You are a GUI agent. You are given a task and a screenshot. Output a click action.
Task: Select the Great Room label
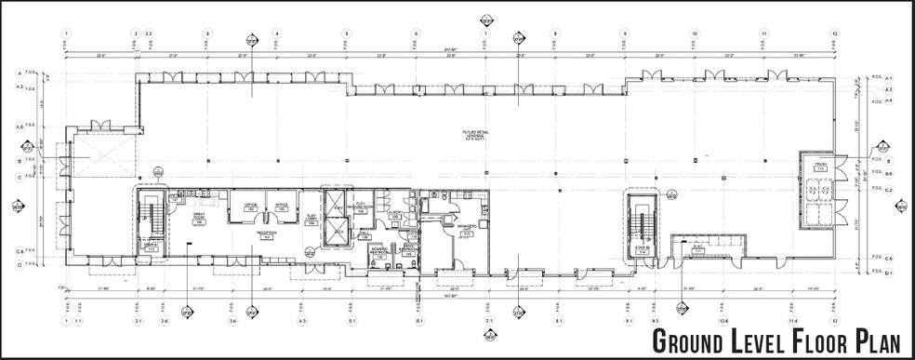coord(198,220)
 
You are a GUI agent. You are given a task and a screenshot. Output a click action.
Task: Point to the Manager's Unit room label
coord(466,228)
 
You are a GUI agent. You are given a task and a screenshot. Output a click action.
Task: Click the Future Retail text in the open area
coord(476,135)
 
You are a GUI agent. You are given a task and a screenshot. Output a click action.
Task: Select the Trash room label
coord(820,167)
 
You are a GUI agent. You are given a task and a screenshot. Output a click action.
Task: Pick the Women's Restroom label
coord(380,254)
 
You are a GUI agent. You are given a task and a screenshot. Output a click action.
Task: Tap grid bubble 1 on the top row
coord(68,33)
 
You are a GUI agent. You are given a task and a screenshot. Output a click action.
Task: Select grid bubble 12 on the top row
coord(835,33)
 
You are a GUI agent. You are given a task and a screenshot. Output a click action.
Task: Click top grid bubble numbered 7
coord(485,33)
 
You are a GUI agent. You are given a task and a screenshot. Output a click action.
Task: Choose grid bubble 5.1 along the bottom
coord(352,321)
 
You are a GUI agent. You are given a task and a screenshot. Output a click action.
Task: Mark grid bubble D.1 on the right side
coord(888,273)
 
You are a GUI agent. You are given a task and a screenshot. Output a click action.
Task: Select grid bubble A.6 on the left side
coord(19,127)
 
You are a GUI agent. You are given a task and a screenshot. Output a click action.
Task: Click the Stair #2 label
coord(641,249)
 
